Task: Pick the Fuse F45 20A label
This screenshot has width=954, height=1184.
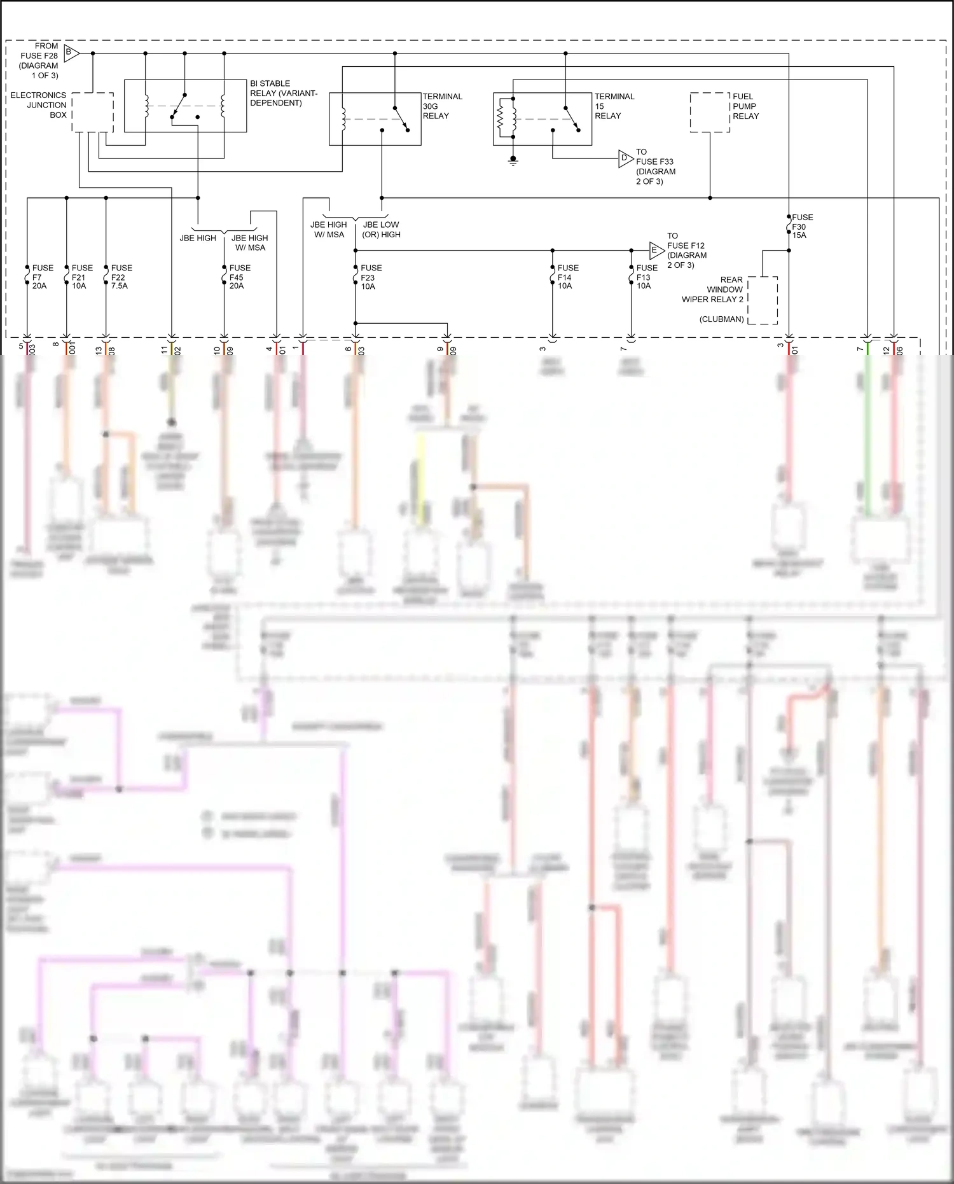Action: [x=239, y=277]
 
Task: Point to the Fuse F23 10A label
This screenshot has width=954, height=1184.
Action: [x=370, y=277]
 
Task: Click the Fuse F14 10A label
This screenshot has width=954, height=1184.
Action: [x=567, y=277]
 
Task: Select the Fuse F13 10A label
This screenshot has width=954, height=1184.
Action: [x=646, y=277]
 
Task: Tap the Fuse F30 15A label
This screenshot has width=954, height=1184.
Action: [x=801, y=226]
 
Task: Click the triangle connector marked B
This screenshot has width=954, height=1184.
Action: [x=71, y=53]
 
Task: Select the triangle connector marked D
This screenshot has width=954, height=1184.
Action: [x=625, y=158]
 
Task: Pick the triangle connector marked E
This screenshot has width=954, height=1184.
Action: [x=655, y=250]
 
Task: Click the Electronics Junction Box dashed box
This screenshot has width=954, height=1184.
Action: [x=93, y=113]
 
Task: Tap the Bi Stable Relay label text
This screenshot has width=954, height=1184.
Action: [x=283, y=93]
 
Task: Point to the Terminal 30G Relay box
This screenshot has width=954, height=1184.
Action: [x=375, y=119]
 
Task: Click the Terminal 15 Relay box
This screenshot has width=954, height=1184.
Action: [x=543, y=119]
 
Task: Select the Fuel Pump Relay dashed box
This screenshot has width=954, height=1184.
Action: [x=710, y=113]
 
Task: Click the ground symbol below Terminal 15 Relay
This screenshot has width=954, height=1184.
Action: [x=513, y=160]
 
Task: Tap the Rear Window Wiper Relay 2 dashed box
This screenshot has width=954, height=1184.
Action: [x=763, y=300]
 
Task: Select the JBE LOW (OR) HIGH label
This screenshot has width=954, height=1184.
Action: [x=381, y=230]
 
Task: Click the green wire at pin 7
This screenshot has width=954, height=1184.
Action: [x=868, y=433]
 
